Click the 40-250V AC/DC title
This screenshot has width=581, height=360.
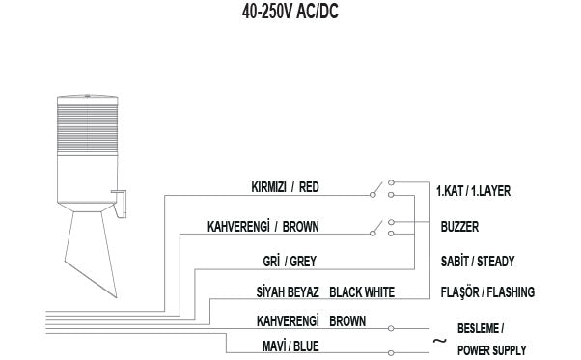point(290,14)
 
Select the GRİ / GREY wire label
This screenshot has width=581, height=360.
point(289,259)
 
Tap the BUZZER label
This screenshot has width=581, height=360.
point(459,227)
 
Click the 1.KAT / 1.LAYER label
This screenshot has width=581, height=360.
point(474,191)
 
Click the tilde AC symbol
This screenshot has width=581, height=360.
point(439,340)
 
